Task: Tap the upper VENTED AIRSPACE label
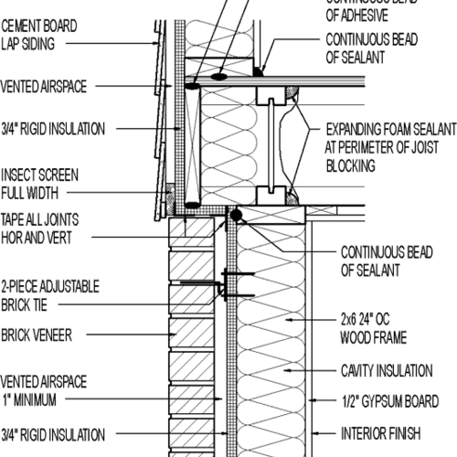pyautogui.click(x=46, y=87)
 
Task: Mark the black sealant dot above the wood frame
pyautogui.click(x=237, y=215)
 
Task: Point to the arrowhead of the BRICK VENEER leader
pyautogui.click(x=176, y=335)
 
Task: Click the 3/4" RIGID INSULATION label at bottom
pyautogui.click(x=53, y=434)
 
